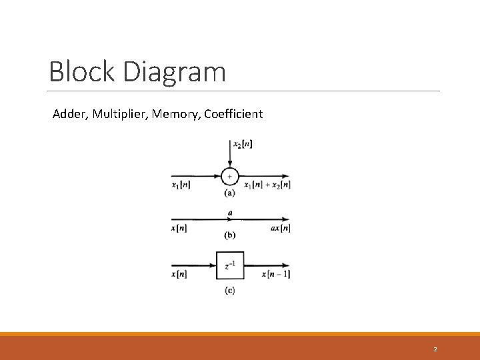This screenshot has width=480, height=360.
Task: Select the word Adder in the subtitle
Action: click(69, 114)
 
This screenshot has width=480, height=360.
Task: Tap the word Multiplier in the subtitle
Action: click(120, 114)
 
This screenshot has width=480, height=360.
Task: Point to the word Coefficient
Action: click(233, 114)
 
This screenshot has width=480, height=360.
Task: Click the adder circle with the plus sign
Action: click(229, 176)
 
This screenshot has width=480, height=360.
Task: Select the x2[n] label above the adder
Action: click(243, 144)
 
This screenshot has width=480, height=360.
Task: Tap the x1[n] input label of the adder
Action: click(181, 185)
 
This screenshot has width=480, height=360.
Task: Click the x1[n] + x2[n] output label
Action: click(267, 185)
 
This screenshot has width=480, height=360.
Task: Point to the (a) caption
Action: click(229, 193)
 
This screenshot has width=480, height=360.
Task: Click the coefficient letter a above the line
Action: click(230, 213)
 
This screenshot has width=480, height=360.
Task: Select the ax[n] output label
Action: click(280, 229)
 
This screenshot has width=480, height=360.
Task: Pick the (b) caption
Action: click(229, 235)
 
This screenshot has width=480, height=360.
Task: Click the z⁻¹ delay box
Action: click(230, 265)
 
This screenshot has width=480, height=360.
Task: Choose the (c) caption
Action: click(229, 291)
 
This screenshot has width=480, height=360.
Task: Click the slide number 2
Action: click(435, 349)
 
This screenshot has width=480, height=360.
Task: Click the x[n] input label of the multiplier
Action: click(179, 229)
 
